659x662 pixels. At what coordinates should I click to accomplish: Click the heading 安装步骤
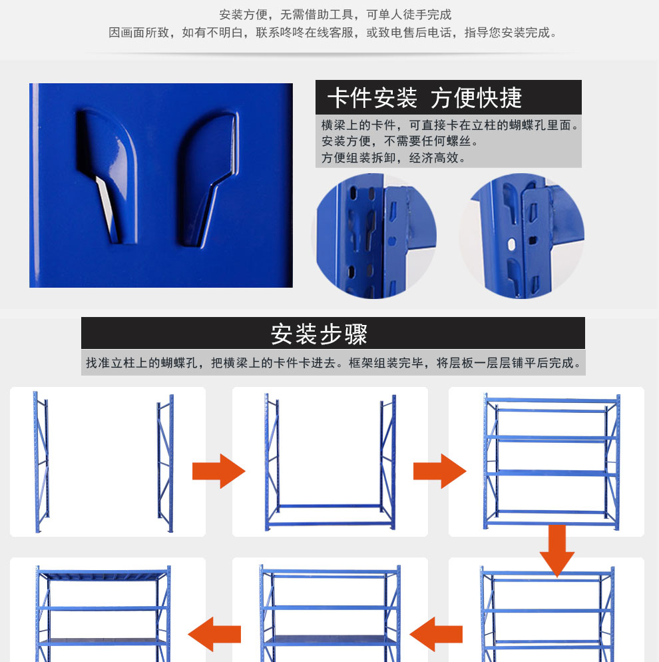pyautogui.click(x=319, y=334)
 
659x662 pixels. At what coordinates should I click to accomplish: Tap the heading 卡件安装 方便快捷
pyautogui.click(x=425, y=98)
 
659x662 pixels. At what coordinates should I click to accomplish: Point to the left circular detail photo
pyautogui.click(x=376, y=236)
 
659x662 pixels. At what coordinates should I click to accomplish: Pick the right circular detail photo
pyautogui.click(x=523, y=236)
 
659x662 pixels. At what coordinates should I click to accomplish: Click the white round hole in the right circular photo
pyautogui.click(x=511, y=244)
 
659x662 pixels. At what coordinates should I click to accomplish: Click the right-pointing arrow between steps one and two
pyautogui.click(x=218, y=471)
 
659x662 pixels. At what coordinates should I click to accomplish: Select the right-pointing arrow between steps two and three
pyautogui.click(x=439, y=471)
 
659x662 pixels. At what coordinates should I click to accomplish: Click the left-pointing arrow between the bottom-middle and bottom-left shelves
pyautogui.click(x=214, y=634)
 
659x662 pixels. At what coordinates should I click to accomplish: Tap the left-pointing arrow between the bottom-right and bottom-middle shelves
pyautogui.click(x=436, y=634)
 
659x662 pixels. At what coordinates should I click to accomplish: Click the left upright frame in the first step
pyautogui.click(x=41, y=462)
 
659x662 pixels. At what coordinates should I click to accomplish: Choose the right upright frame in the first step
pyautogui.click(x=165, y=463)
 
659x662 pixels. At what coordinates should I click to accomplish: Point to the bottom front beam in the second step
pyautogui.click(x=330, y=524)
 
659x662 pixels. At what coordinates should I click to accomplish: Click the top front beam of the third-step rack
pyautogui.click(x=551, y=400)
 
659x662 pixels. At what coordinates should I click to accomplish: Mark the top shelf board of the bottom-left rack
pyautogui.click(x=103, y=574)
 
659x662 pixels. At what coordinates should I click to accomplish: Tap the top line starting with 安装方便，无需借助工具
pyautogui.click(x=335, y=15)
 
